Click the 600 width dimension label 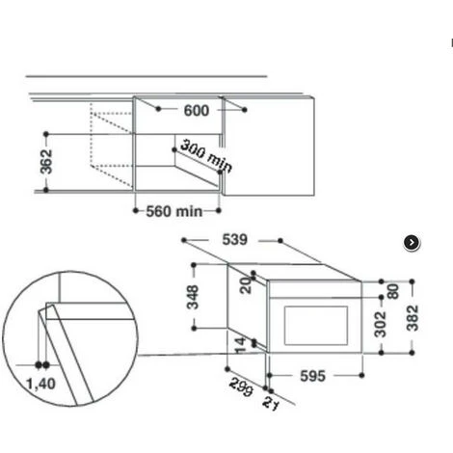pos(196,111)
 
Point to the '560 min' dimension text pos(173,210)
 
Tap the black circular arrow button pos(412,243)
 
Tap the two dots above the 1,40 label pos(41,365)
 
